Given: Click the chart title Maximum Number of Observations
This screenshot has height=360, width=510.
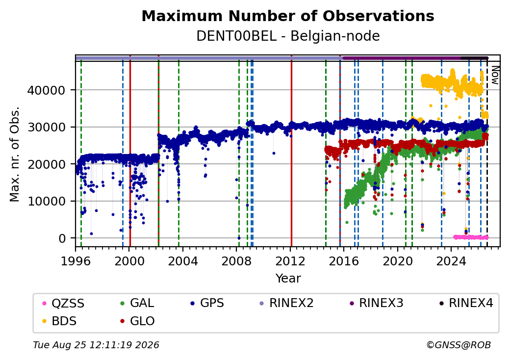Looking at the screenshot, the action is click(288, 16).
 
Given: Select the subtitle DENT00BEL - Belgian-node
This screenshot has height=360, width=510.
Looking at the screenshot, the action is click(288, 36).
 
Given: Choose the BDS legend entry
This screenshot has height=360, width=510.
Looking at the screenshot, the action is click(60, 321).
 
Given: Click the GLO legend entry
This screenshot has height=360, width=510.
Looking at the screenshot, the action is click(138, 321).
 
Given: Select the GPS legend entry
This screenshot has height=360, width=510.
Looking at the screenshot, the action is click(207, 303).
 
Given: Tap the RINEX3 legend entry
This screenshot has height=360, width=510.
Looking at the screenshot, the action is click(376, 303).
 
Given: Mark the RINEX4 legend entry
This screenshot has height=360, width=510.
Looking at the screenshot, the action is click(466, 303).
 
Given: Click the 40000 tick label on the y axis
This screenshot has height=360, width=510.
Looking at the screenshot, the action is click(47, 90).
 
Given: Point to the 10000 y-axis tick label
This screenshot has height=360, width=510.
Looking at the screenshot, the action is click(47, 201).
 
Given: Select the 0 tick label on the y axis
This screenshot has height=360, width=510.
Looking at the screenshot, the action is click(62, 238).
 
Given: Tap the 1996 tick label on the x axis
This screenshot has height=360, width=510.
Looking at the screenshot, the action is click(76, 261).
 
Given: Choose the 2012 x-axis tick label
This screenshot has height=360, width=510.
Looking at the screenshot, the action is click(290, 261).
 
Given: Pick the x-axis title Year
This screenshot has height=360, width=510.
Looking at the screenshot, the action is click(288, 279).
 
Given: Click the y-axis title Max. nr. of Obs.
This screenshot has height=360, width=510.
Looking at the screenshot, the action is click(15, 154).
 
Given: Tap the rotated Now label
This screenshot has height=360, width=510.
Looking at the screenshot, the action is click(495, 75).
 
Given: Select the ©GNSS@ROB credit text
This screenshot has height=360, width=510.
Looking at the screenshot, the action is click(459, 345).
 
